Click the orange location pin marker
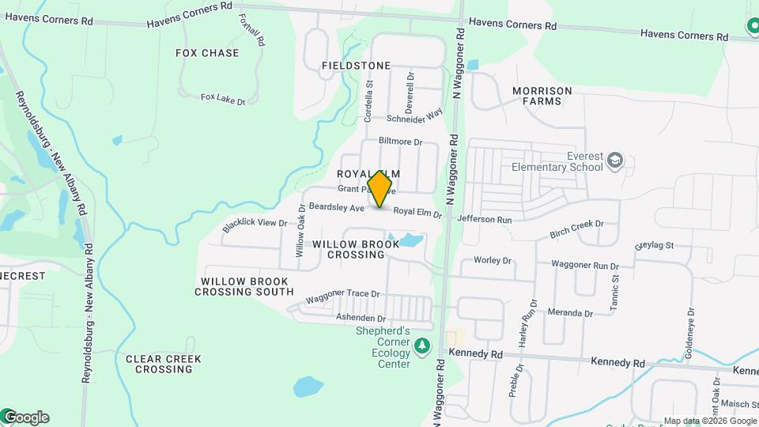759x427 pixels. (x=380, y=189)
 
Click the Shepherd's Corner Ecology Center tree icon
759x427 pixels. (x=422, y=346)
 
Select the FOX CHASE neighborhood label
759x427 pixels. (x=207, y=53)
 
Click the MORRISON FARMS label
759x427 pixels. (x=542, y=96)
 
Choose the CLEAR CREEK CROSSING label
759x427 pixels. (x=164, y=364)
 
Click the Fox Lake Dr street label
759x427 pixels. (x=223, y=99)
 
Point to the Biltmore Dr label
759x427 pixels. (x=401, y=142)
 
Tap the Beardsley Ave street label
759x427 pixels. (x=336, y=207)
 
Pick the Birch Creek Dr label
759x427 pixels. (x=576, y=229)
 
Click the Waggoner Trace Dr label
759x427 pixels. (x=343, y=297)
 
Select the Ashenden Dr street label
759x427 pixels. (x=360, y=316)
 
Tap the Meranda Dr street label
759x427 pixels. (x=569, y=313)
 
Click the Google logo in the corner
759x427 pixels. (x=25, y=417)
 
